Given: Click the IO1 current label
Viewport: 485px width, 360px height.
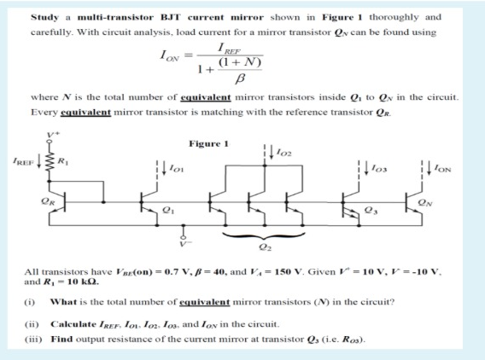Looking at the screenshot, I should pos(179,166).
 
